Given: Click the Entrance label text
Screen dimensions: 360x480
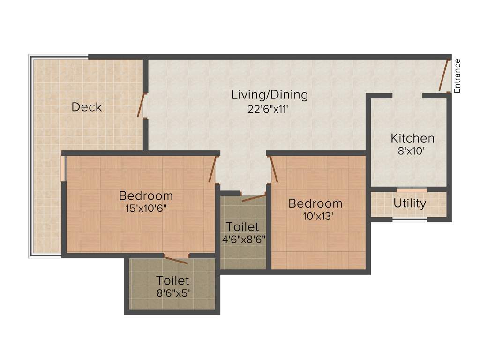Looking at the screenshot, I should (x=457, y=75).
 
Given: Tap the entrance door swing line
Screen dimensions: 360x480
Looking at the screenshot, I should (x=444, y=75).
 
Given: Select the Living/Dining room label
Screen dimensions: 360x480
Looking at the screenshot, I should (x=270, y=95).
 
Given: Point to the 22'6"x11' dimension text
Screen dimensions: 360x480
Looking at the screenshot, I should (x=270, y=109).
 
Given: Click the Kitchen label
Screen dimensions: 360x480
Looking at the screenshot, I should (x=412, y=138).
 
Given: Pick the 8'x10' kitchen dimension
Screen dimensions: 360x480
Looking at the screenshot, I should (x=412, y=151).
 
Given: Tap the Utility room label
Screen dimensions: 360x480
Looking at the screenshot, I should (x=410, y=203).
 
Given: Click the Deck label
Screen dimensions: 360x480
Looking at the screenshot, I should (x=87, y=107).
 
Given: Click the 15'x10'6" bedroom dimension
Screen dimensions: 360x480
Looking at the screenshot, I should (x=145, y=208).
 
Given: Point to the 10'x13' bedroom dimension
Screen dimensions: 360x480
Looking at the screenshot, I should (x=315, y=216).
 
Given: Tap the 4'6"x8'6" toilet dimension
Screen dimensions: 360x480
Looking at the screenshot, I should (x=244, y=239).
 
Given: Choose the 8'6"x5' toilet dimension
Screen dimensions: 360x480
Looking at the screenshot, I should (x=172, y=293).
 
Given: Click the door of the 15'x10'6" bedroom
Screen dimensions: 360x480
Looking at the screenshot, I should (x=213, y=169).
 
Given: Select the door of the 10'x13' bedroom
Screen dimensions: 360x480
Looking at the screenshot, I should (x=274, y=169).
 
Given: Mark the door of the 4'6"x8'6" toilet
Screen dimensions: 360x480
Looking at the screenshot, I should (x=254, y=198).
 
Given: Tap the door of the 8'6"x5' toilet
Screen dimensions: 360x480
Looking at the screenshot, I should (x=177, y=260).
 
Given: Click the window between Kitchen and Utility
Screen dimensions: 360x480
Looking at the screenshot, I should (x=412, y=190).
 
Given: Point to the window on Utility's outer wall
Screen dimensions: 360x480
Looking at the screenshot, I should (x=410, y=219).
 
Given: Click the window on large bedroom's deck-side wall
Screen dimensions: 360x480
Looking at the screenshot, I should (x=63, y=167).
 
